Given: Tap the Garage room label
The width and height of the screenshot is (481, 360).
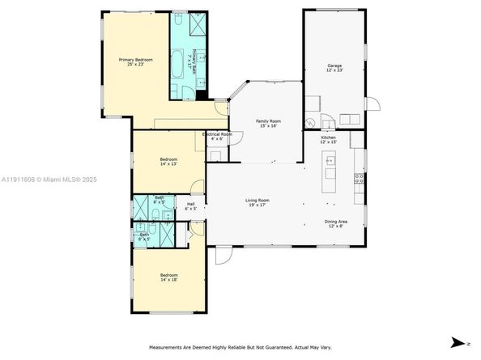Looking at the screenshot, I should point(334,68).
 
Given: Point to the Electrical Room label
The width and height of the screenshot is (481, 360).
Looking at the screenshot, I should point(217,136).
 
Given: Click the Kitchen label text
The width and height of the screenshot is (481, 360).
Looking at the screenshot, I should point(328,140).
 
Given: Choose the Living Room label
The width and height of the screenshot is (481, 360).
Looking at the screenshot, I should point(258,202).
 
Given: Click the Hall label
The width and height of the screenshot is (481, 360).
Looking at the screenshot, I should point(191,206).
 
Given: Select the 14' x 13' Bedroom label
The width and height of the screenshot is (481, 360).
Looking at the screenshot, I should point(168,162).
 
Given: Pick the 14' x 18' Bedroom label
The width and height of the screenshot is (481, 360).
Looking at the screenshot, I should point(168,278).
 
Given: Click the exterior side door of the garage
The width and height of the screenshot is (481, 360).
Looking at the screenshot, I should point(372,104).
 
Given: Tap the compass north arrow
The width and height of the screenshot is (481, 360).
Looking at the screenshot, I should point(460,343).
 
